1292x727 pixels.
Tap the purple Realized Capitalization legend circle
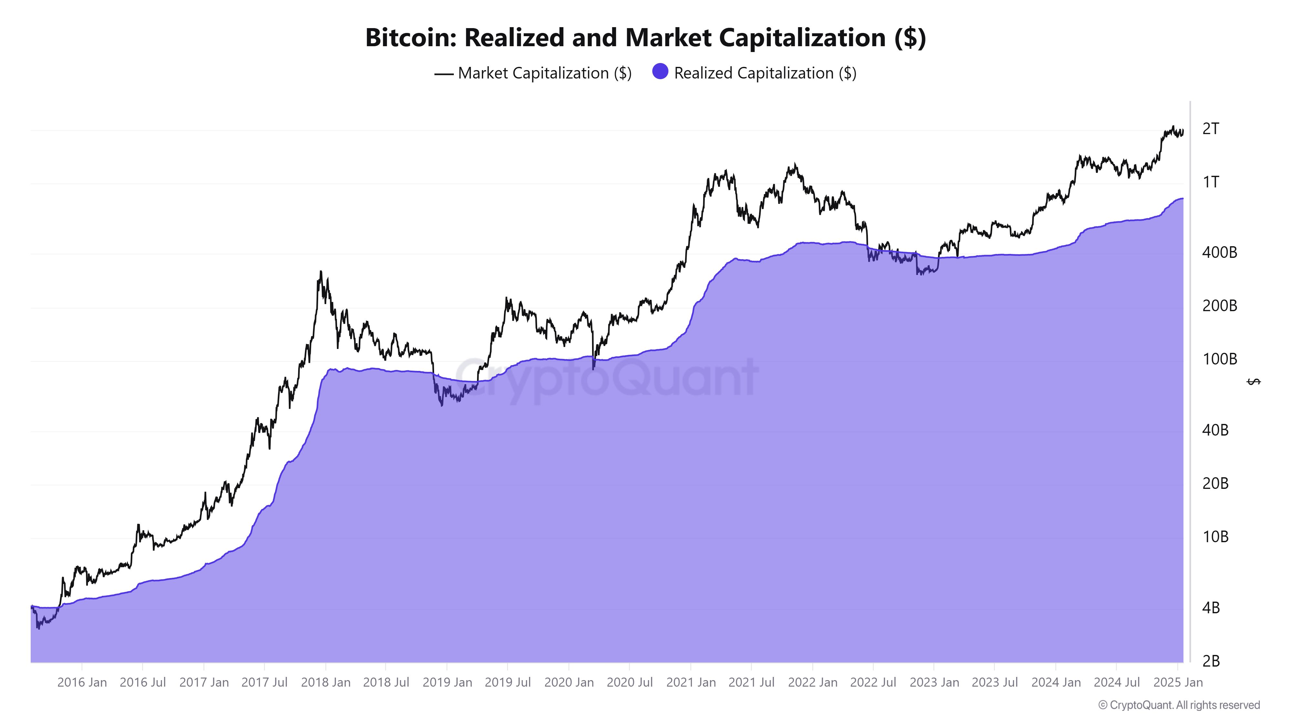660,72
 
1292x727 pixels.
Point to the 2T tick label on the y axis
1211,129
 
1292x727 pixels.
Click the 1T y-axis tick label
1211,182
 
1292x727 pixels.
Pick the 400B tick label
1219,252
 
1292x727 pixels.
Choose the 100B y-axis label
1219,359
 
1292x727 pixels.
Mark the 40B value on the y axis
1215,430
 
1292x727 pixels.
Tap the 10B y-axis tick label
1215,537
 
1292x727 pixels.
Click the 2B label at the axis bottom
1211,661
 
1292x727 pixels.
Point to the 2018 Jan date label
326,682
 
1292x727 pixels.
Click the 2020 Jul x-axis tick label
630,682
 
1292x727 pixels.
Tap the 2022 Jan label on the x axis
813,682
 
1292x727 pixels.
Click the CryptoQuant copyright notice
1179,705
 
